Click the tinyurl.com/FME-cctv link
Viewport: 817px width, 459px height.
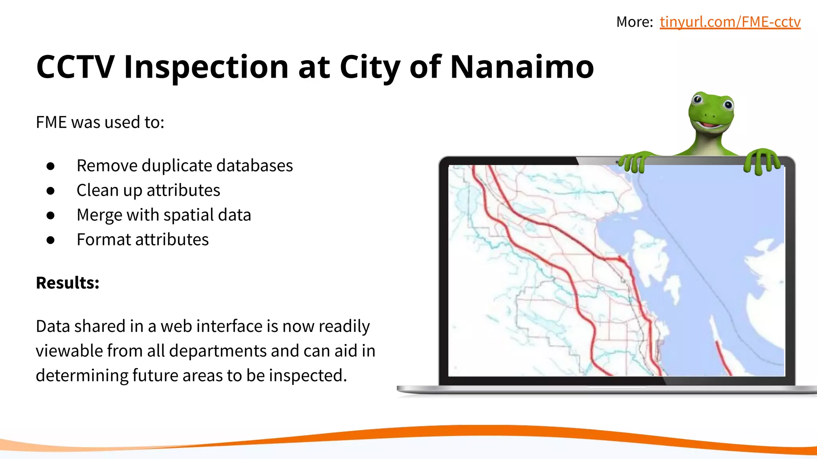click(730, 22)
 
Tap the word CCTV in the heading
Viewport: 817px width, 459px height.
click(75, 67)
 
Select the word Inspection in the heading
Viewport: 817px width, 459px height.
click(206, 67)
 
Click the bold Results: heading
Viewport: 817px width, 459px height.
click(67, 283)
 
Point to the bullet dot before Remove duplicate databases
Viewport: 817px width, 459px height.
click(50, 166)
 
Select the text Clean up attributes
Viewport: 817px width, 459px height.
click(148, 190)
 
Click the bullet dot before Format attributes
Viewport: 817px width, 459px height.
click(50, 240)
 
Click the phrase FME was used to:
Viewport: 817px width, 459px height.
click(100, 122)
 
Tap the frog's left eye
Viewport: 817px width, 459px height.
click(698, 99)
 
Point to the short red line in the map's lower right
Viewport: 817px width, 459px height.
click(723, 358)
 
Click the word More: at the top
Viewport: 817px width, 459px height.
click(634, 22)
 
